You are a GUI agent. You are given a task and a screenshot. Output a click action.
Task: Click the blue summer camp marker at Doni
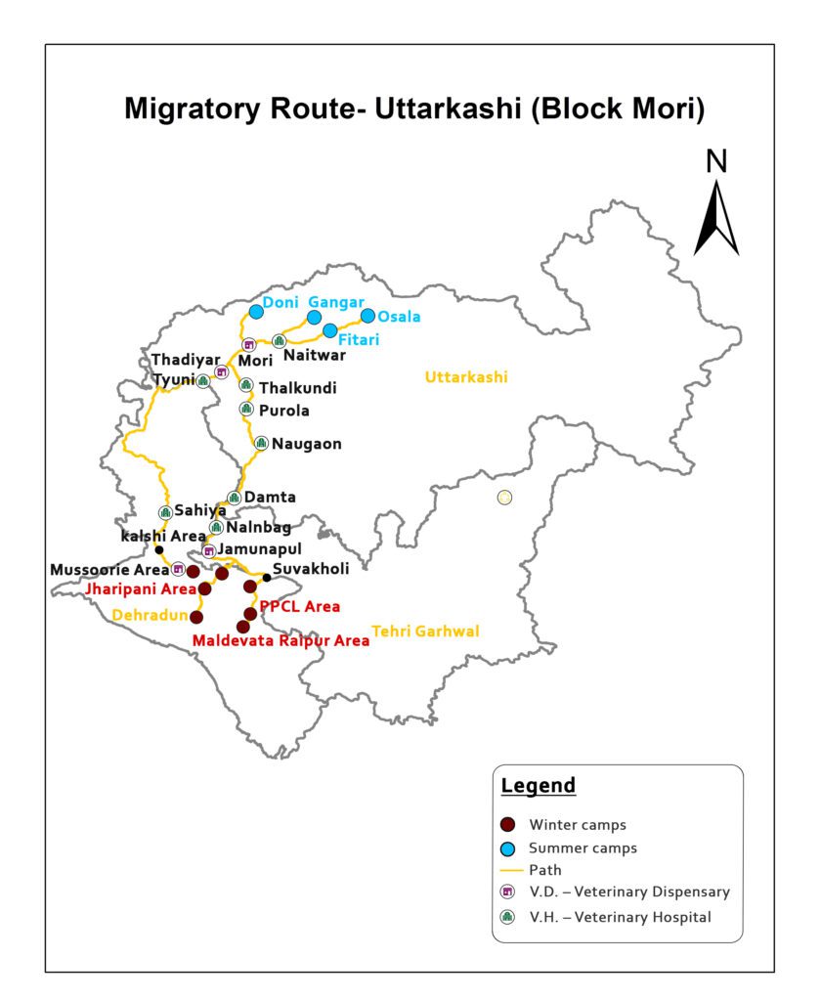(256, 311)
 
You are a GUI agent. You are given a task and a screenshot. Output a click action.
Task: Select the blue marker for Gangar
(314, 317)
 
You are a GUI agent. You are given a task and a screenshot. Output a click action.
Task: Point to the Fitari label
(359, 340)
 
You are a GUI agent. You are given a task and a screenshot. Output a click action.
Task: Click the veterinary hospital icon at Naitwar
(279, 341)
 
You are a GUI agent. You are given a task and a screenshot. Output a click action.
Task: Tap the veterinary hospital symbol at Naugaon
(261, 443)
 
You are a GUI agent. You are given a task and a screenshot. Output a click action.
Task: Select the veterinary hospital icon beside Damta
(233, 499)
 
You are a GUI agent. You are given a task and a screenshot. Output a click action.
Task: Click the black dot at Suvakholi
(267, 577)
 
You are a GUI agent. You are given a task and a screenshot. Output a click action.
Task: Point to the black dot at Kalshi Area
(159, 548)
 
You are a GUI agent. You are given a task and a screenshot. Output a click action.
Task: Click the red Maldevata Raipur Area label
(281, 640)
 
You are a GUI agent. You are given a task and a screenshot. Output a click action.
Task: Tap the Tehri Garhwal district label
(425, 631)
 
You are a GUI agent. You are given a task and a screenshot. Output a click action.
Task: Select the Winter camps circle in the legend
(507, 824)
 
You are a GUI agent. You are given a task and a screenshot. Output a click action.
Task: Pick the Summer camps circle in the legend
(507, 848)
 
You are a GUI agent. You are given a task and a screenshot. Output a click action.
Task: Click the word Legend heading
(538, 786)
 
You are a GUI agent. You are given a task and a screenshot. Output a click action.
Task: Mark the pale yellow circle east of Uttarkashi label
(504, 498)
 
